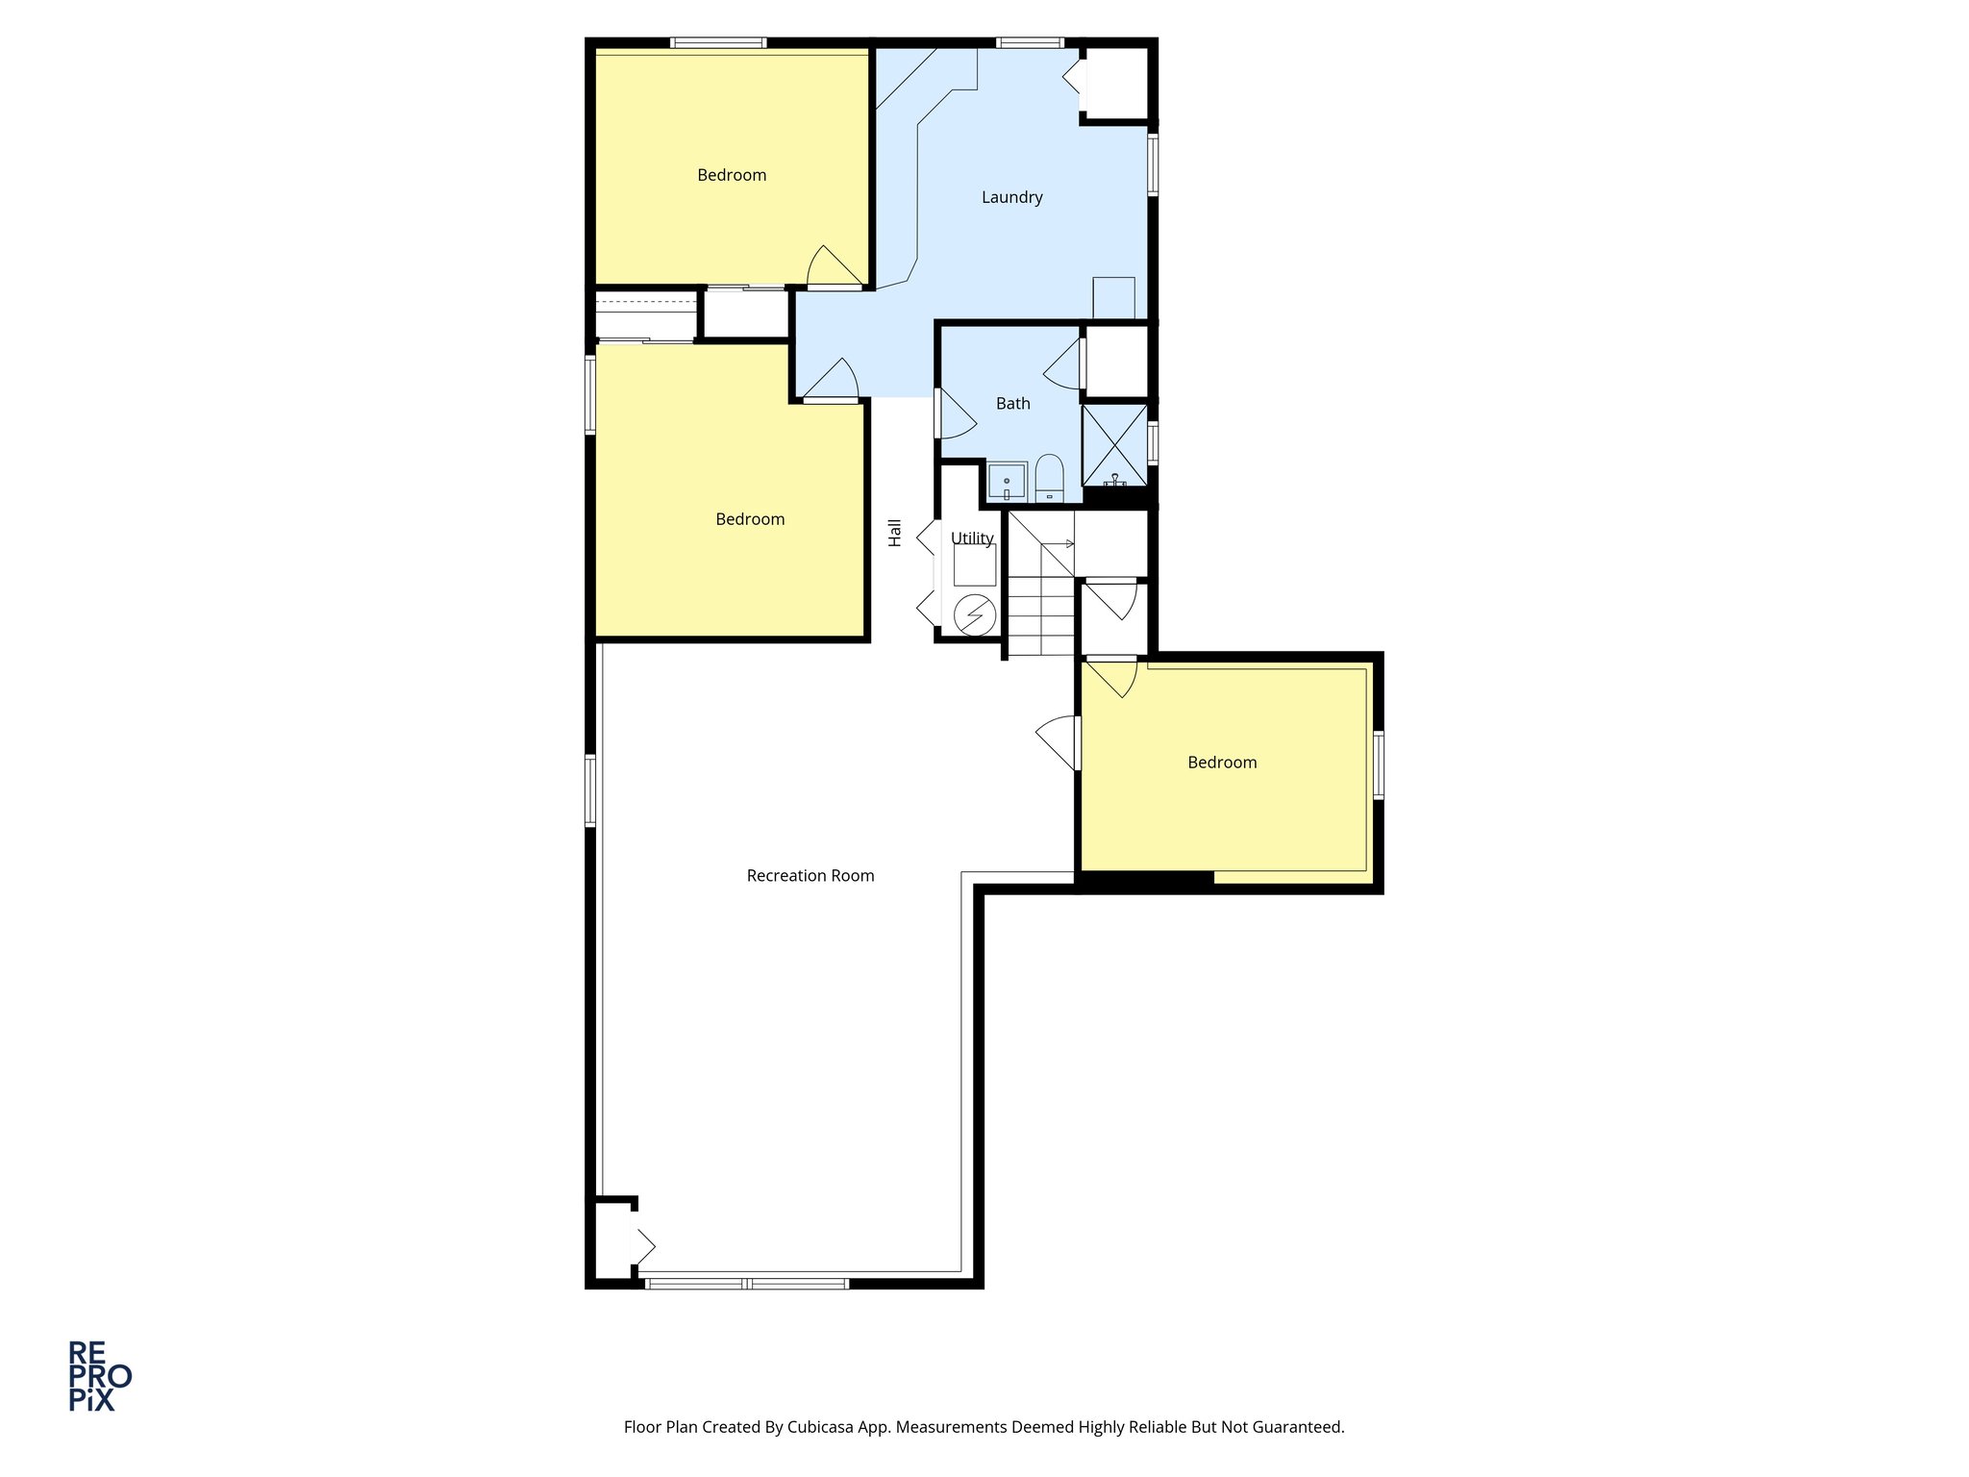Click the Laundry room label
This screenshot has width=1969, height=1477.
pos(1011,197)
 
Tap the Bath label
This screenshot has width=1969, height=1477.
pos(1012,404)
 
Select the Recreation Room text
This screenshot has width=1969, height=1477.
pos(810,876)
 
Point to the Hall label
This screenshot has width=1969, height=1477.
pos(895,533)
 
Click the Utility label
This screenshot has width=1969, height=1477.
pos(972,538)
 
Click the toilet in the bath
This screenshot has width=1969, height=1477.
pos(1049,478)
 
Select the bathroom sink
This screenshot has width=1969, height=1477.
pos(1007,481)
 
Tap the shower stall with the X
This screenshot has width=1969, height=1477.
pos(1114,444)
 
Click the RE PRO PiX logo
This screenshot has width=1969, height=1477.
pos(98,1376)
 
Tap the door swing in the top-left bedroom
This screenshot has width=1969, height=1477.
pos(832,268)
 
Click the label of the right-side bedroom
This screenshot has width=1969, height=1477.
pos(1222,763)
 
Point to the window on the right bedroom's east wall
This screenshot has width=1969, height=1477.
pos(1378,765)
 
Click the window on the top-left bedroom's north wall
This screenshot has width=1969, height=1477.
pos(717,42)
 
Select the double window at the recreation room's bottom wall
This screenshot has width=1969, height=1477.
pos(746,1284)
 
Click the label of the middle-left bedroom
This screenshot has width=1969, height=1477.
pos(750,519)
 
